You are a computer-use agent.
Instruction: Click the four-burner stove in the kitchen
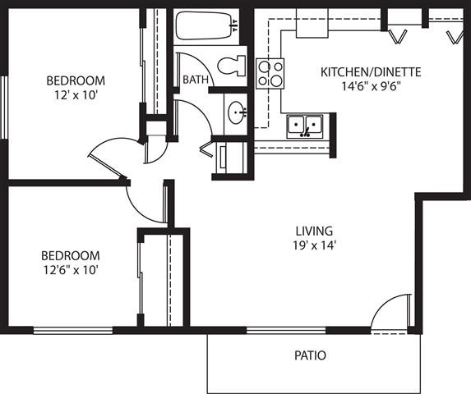pos(270,74)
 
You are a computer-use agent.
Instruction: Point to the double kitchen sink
pos(306,126)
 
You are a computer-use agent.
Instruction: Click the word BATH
pos(195,80)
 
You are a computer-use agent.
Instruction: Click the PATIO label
pos(310,356)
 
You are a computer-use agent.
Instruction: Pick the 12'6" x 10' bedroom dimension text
pos(70,269)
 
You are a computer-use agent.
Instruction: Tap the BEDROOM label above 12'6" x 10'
pos(70,255)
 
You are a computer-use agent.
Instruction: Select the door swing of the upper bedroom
pos(111,152)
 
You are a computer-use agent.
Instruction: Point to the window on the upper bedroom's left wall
pos(5,108)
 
